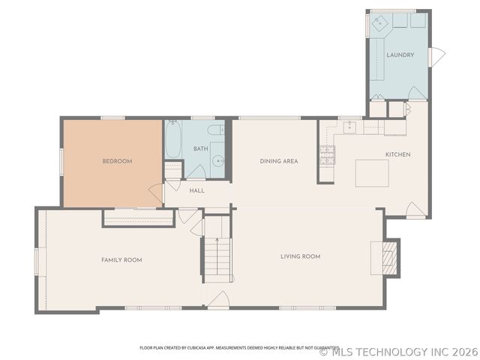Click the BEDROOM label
117,161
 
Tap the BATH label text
200,148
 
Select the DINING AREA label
279,161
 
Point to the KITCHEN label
397,154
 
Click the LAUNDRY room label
400,55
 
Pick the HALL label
196,190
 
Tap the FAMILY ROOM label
121,259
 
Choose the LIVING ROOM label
301,256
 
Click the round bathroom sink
217,160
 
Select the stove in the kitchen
328,154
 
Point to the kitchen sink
349,127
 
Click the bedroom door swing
155,191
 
